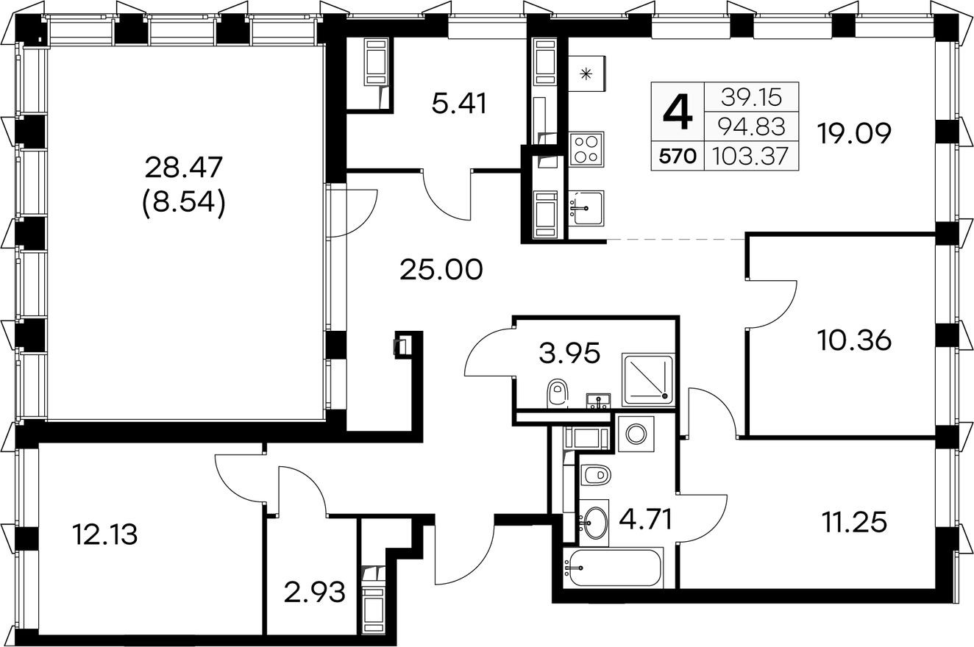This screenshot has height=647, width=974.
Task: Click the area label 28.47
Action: tap(183, 168)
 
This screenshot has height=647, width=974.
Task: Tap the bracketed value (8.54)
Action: tap(183, 202)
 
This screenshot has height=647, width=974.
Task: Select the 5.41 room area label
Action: tap(459, 104)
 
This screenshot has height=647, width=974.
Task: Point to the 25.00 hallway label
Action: tap(441, 269)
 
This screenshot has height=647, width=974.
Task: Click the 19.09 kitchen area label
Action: tap(854, 133)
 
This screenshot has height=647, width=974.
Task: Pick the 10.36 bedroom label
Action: tap(854, 340)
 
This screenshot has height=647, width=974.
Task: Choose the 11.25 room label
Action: tap(854, 522)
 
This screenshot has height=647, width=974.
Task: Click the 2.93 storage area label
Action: tap(315, 593)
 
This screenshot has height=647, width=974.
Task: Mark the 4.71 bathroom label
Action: tap(645, 519)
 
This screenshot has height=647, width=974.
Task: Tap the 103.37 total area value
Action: tap(751, 156)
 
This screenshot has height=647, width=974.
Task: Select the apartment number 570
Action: tap(678, 156)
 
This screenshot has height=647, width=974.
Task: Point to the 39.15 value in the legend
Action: tap(751, 97)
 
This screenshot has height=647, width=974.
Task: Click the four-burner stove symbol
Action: tap(586, 149)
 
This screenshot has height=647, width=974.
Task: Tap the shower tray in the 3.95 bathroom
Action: tap(648, 380)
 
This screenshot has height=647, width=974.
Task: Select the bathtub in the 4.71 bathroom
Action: tap(613, 567)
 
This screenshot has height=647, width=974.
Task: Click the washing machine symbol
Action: tap(636, 434)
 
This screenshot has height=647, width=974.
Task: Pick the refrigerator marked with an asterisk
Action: tap(587, 74)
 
